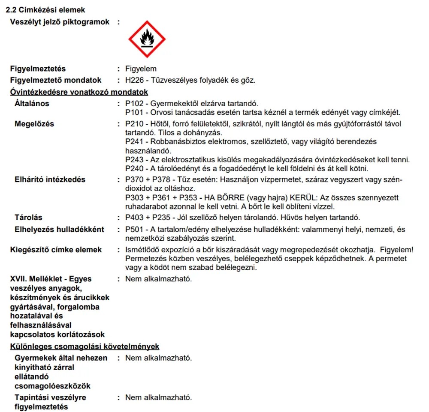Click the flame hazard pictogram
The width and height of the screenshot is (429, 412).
[x=147, y=39]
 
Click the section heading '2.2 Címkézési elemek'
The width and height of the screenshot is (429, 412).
[x=45, y=10]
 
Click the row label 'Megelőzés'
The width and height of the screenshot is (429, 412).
[x=34, y=124]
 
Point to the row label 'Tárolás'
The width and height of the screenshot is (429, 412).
[x=28, y=218]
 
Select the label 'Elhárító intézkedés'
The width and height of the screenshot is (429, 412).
[x=50, y=179]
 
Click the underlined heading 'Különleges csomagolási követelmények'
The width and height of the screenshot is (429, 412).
[x=85, y=346]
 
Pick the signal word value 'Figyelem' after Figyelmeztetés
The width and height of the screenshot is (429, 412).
[x=141, y=69]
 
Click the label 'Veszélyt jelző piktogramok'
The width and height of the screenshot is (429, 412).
[x=60, y=22]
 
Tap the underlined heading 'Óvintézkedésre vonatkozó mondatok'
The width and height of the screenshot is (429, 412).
[x=79, y=92]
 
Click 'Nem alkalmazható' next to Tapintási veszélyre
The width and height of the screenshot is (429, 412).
[x=158, y=397]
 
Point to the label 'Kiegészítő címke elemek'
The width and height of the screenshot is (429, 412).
[x=56, y=250]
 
